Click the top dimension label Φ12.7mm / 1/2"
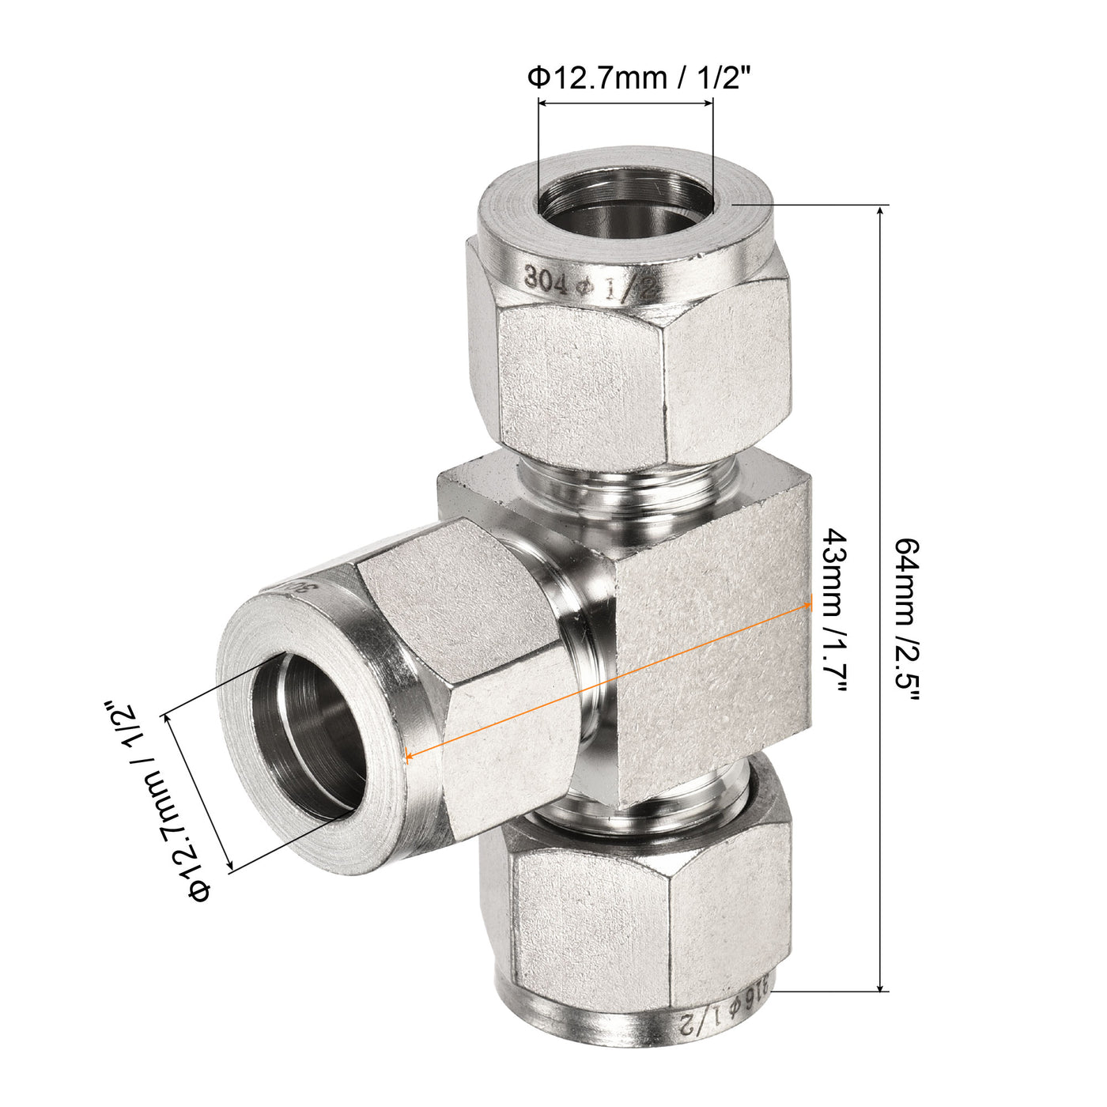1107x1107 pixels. pos(637,78)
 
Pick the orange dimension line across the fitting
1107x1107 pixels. pos(609,679)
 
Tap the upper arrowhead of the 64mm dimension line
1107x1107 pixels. pos(882,212)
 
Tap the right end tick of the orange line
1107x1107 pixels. pos(810,603)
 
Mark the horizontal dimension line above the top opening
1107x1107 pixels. pos(625,102)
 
